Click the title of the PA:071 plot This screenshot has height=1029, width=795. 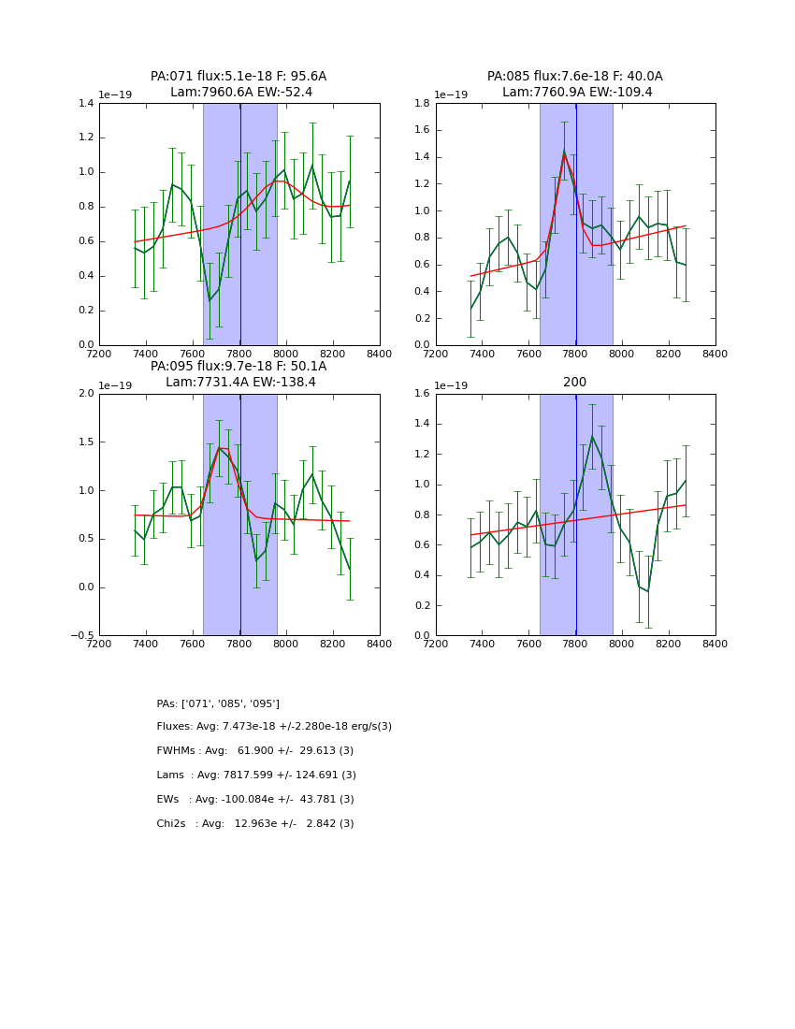pyautogui.click(x=238, y=84)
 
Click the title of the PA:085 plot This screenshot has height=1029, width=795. pyautogui.click(x=574, y=84)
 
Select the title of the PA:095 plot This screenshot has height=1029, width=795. pyautogui.click(x=238, y=374)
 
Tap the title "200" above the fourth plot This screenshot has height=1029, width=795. pyautogui.click(x=574, y=383)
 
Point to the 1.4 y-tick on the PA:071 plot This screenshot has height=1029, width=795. pyautogui.click(x=85, y=104)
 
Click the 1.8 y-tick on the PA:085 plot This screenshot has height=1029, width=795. pyautogui.click(x=422, y=104)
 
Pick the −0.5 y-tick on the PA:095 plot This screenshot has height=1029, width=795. pyautogui.click(x=82, y=636)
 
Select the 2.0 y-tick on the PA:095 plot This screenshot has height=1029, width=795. pyautogui.click(x=85, y=394)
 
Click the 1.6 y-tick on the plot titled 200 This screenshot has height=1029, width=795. pyautogui.click(x=422, y=394)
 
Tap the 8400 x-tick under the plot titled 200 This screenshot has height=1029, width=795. pyautogui.click(x=715, y=644)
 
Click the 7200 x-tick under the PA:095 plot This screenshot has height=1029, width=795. pyautogui.click(x=99, y=644)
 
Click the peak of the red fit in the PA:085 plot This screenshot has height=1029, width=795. pyautogui.click(x=564, y=153)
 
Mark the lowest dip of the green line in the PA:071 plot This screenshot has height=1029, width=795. pyautogui.click(x=210, y=300)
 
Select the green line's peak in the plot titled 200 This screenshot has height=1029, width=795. pyautogui.click(x=592, y=437)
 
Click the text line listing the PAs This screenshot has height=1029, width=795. pyautogui.click(x=218, y=703)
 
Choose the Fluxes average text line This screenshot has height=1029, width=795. pyautogui.click(x=274, y=727)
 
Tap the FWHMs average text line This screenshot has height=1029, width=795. pyautogui.click(x=255, y=751)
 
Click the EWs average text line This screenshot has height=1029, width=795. pyautogui.click(x=255, y=800)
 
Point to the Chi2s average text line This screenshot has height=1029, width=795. pyautogui.click(x=255, y=824)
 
